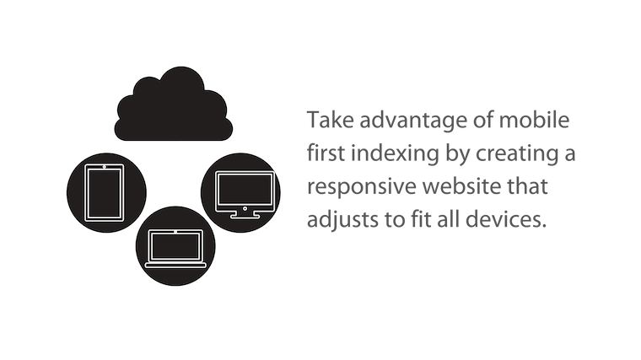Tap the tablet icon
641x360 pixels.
pos(105,193)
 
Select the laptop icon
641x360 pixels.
pos(175,249)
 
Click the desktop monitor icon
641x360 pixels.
pos(245,195)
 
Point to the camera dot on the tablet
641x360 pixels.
pos(105,167)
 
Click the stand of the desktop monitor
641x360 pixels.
pos(245,214)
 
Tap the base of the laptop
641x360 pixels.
pos(175,266)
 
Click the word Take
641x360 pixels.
pos(331,120)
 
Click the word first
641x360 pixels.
pos(326,153)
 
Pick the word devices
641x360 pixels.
pos(506,219)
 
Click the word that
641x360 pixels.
pos(527,186)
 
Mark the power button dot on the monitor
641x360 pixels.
pos(245,208)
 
